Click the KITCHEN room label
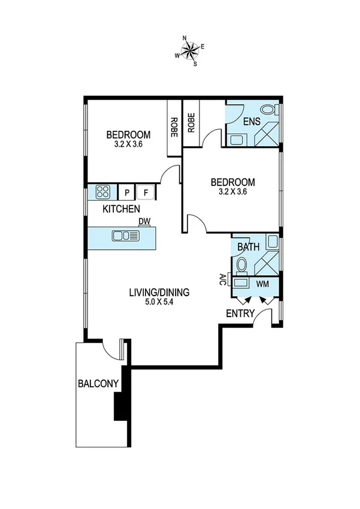(x=122, y=209)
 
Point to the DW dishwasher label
(x=144, y=222)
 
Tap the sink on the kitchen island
(x=126, y=236)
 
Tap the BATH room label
(x=248, y=246)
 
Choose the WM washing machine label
(x=262, y=283)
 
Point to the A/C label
(x=222, y=279)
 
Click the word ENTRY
(x=240, y=314)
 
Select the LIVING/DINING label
(x=159, y=293)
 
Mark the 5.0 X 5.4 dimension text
(x=159, y=303)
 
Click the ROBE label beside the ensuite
(x=191, y=123)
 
